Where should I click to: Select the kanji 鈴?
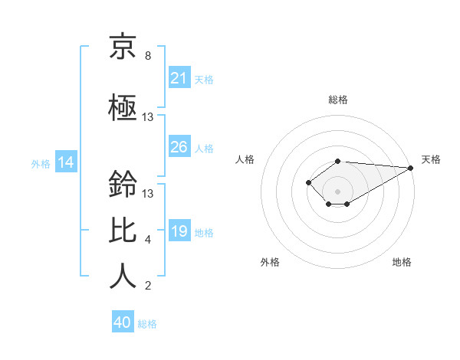click(123, 185)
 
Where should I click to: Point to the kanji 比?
click(123, 229)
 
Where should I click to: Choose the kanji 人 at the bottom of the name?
click(123, 276)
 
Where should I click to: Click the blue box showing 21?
click(179, 78)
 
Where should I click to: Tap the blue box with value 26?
click(179, 147)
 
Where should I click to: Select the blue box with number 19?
click(179, 231)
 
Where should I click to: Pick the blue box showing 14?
click(66, 162)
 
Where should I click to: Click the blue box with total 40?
click(123, 322)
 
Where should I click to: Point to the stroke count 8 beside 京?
click(148, 56)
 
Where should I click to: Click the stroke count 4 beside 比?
click(148, 240)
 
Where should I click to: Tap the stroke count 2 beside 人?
click(148, 286)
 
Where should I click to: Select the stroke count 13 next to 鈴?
click(148, 193)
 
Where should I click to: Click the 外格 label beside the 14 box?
click(41, 163)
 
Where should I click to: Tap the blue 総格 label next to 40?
click(147, 323)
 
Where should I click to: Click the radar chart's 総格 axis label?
click(337, 100)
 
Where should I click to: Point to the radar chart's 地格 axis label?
click(402, 262)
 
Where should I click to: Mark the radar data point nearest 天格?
click(412, 168)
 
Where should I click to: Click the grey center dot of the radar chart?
click(337, 191)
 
